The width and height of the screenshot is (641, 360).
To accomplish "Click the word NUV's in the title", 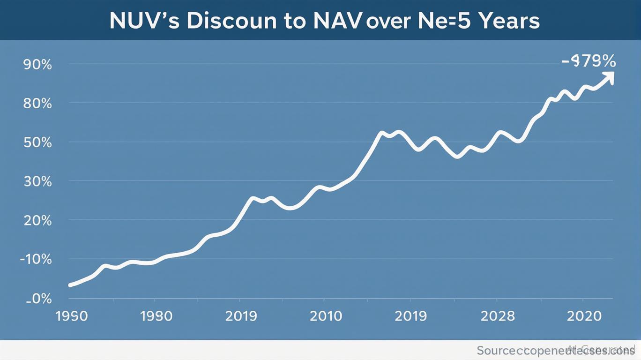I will click(x=144, y=21).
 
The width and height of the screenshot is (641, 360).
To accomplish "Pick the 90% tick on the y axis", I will click(x=37, y=64).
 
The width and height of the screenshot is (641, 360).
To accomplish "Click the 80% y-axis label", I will click(x=37, y=103).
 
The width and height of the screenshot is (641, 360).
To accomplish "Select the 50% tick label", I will click(x=37, y=142).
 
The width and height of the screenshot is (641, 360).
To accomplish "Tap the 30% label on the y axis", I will click(x=37, y=181).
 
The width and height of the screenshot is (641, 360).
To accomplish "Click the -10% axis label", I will click(x=36, y=259).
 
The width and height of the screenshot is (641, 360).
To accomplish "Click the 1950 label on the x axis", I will click(x=72, y=316).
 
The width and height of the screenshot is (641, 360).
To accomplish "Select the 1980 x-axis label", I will click(x=157, y=316).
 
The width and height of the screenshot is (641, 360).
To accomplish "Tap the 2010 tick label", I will click(x=326, y=316).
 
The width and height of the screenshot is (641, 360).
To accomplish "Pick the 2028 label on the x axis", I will click(x=498, y=316).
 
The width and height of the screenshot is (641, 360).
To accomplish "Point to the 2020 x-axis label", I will click(x=584, y=316).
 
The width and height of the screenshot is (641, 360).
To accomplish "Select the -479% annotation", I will click(x=589, y=60).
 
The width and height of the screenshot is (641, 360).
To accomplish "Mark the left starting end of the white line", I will click(x=70, y=285).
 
